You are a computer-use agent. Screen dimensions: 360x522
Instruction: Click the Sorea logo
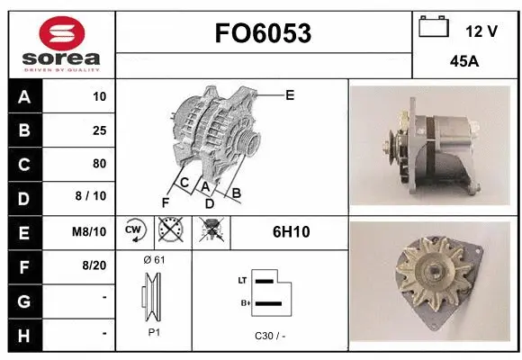pyautogui.click(x=60, y=43)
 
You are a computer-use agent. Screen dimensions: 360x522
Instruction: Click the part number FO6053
pyautogui.click(x=263, y=34)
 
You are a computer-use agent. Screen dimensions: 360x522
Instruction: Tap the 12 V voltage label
pyautogui.click(x=481, y=31)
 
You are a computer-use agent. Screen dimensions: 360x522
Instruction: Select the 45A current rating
pyautogui.click(x=463, y=64)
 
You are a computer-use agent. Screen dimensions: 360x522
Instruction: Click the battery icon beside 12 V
pyautogui.click(x=433, y=27)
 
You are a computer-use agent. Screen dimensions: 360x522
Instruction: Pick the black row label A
pyautogui.click(x=23, y=96)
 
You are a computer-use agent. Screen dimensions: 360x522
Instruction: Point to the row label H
pyautogui.click(x=23, y=334)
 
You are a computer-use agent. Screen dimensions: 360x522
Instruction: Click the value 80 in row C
pyautogui.click(x=99, y=164)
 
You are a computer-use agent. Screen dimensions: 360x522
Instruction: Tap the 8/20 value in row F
pyautogui.click(x=94, y=265)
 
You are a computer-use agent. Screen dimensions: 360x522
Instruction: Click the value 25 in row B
pyautogui.click(x=99, y=130)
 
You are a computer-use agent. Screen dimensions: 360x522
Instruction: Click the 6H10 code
pyautogui.click(x=291, y=232)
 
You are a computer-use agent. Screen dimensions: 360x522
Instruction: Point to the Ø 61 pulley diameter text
pyautogui.click(x=154, y=260)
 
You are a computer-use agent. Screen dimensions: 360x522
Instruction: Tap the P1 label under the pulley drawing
pyautogui.click(x=154, y=332)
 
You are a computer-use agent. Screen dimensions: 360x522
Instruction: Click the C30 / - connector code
pyautogui.click(x=270, y=335)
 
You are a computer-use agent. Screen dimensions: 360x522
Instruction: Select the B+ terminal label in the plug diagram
pyautogui.click(x=242, y=304)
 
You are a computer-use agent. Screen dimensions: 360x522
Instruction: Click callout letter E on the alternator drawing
pyautogui.click(x=290, y=94)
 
